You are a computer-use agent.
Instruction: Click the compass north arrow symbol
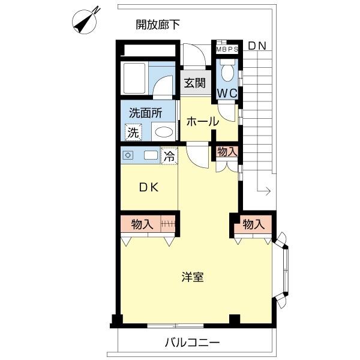point(85,22)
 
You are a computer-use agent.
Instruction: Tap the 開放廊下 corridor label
point(158,25)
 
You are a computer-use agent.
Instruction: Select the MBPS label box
point(227,49)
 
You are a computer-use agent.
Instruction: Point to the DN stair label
point(257,46)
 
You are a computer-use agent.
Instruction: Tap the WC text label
point(227,93)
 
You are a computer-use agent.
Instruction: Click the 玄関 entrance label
point(194,83)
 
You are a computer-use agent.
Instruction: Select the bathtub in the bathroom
point(134,78)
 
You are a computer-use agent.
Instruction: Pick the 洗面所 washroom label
point(146,113)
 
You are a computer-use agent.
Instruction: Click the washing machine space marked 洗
point(133,132)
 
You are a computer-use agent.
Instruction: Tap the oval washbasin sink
point(164,132)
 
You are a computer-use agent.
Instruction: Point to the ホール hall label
point(203,122)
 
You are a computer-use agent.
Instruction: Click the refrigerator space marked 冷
point(169,157)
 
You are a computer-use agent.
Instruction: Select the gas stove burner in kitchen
point(128,155)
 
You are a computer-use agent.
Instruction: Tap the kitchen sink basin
point(151,155)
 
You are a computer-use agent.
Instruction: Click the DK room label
point(149,188)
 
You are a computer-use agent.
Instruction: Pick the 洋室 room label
point(193,277)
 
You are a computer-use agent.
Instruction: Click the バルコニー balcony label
point(193,343)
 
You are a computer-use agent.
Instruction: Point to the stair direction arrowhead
point(268,191)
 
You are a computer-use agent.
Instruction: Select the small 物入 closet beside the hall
point(227,152)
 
